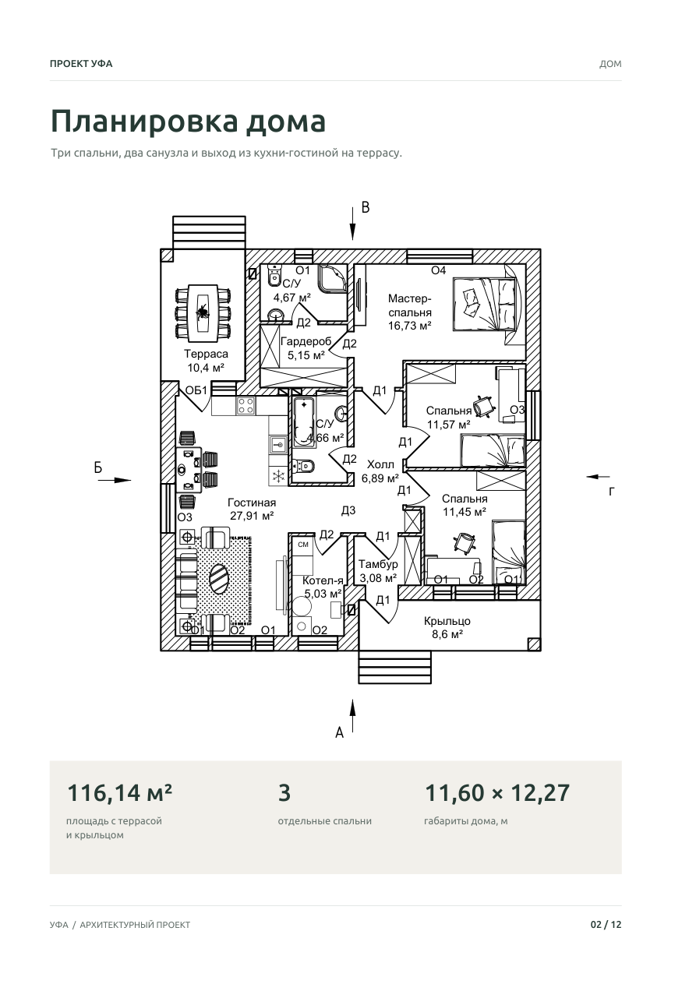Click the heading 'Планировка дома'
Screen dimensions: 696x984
click(188, 121)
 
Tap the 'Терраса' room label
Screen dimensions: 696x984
click(206, 354)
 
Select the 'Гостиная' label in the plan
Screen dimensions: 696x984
click(252, 502)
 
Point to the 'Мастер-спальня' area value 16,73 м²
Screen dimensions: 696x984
click(409, 326)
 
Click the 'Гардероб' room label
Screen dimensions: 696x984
click(306, 341)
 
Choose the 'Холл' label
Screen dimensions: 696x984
click(380, 464)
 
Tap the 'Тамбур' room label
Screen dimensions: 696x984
click(378, 564)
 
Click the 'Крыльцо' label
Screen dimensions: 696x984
click(447, 621)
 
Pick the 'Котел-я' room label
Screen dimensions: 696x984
click(323, 580)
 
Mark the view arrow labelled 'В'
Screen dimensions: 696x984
click(352, 224)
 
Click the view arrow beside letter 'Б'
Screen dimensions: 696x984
click(115, 480)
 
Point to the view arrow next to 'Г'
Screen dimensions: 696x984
click(598, 477)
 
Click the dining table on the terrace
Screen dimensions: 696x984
click(203, 312)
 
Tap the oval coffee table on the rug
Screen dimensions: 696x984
click(219, 578)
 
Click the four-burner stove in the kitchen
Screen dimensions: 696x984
click(246, 405)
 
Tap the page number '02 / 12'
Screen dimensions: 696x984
click(606, 925)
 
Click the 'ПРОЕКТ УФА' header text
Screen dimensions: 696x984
click(81, 64)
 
